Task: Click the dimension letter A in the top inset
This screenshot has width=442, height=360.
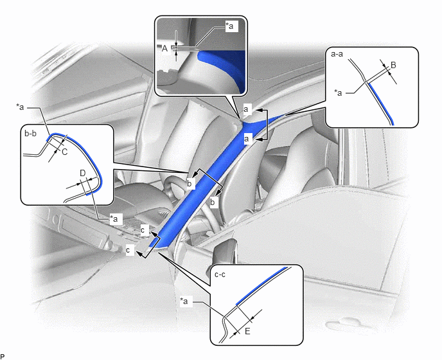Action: click(164, 48)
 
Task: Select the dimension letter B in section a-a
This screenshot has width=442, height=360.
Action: click(394, 65)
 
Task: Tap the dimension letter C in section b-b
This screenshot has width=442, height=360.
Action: click(64, 152)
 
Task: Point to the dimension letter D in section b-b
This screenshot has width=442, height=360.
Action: click(83, 173)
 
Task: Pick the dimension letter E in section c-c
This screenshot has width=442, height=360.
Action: click(247, 331)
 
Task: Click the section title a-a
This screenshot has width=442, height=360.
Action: click(337, 54)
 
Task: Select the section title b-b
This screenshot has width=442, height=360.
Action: click(30, 133)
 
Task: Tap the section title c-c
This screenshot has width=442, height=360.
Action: click(220, 274)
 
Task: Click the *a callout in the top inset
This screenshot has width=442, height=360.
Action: click(229, 26)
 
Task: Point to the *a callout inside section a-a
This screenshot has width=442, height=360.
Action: click(338, 93)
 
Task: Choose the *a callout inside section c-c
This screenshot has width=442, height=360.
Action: click(184, 301)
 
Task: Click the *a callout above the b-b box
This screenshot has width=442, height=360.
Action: click(20, 107)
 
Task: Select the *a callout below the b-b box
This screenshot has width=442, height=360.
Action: click(114, 219)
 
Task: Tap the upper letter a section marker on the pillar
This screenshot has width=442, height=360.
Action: click(246, 109)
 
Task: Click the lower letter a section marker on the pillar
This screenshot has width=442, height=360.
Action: click(247, 139)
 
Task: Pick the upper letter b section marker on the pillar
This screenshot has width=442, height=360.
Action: click(190, 183)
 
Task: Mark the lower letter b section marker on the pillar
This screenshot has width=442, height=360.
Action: click(213, 202)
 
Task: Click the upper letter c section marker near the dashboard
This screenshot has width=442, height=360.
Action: click(143, 230)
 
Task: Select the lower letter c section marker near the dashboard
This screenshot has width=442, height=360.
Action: click(128, 250)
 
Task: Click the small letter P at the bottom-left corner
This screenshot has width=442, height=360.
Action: click(3, 357)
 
